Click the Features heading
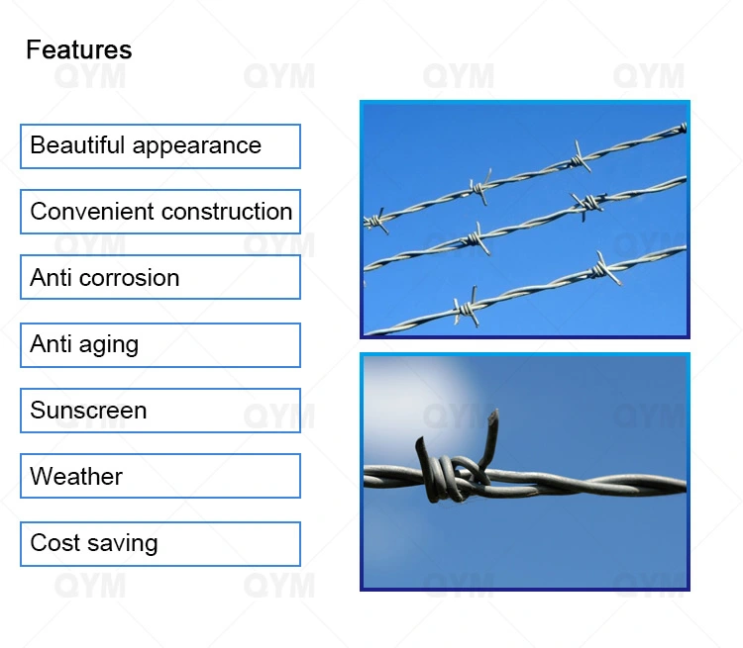[78, 49]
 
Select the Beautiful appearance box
[159, 146]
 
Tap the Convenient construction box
[159, 212]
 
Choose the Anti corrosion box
[159, 277]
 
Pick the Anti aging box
[159, 345]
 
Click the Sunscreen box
[159, 411]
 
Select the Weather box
[159, 476]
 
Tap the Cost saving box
[159, 544]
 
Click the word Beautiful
[77, 145]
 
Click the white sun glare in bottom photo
[401, 391]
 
